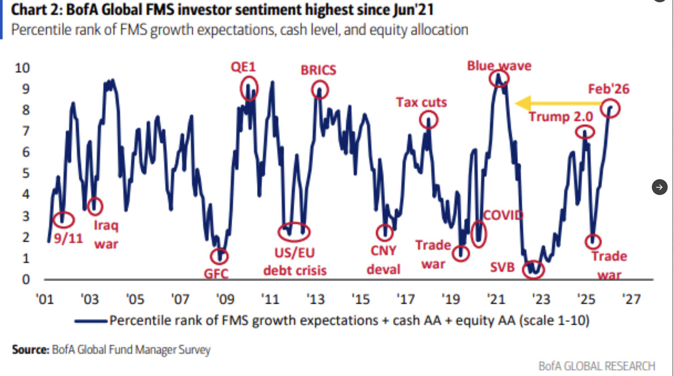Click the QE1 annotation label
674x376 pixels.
(243, 67)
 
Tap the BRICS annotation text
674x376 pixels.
(318, 70)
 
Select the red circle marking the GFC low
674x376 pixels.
(220, 257)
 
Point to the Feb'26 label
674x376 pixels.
(608, 89)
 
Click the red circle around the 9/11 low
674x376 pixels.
(63, 220)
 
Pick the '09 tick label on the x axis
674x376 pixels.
(225, 299)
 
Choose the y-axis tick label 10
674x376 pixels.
(22, 68)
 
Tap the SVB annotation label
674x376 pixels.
(502, 267)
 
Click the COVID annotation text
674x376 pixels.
(503, 215)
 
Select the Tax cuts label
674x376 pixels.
(421, 103)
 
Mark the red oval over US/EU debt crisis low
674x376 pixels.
(294, 232)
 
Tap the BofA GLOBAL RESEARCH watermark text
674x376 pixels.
(597, 366)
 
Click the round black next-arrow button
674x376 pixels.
(660, 187)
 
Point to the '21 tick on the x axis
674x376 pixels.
(496, 299)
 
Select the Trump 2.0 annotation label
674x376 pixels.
(561, 117)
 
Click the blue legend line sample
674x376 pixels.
(91, 321)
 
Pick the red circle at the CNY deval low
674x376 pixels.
(385, 233)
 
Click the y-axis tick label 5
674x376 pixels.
(26, 173)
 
